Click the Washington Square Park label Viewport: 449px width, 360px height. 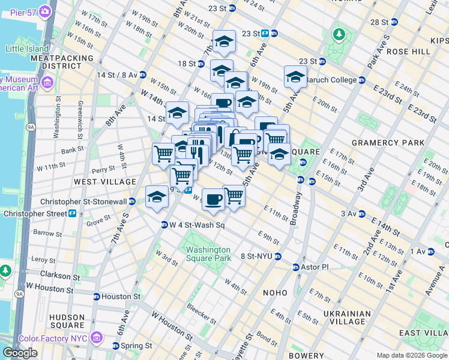pyautogui.click(x=208, y=254)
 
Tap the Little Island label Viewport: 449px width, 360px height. pyautogui.click(x=26, y=49)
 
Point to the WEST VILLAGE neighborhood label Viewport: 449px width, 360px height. pyautogui.click(x=105, y=181)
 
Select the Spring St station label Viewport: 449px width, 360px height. pyautogui.click(x=135, y=346)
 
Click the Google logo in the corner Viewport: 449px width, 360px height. pyautogui.click(x=20, y=353)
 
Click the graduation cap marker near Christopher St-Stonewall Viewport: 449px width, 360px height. pyautogui.click(x=157, y=197)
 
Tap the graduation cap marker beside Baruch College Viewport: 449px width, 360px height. pyautogui.click(x=295, y=77)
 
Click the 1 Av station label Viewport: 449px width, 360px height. pyautogui.click(x=424, y=251)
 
